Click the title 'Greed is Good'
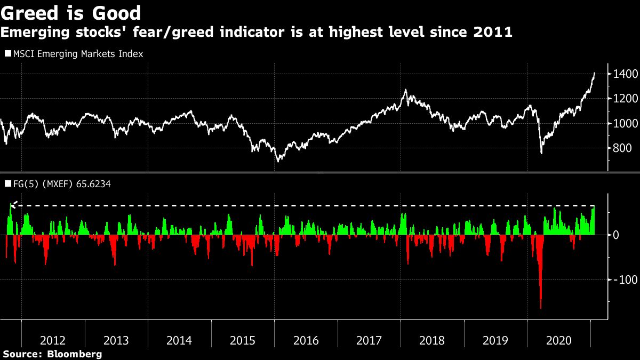point(71,12)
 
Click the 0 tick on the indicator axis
point(615,235)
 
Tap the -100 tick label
point(623,279)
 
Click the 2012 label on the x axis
point(53,341)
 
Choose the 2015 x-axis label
point(243,341)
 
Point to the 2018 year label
point(432,341)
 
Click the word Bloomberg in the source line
point(74,354)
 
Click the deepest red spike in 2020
point(541,307)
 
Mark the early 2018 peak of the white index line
point(406,90)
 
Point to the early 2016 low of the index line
point(277,161)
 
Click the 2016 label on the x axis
point(306,341)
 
